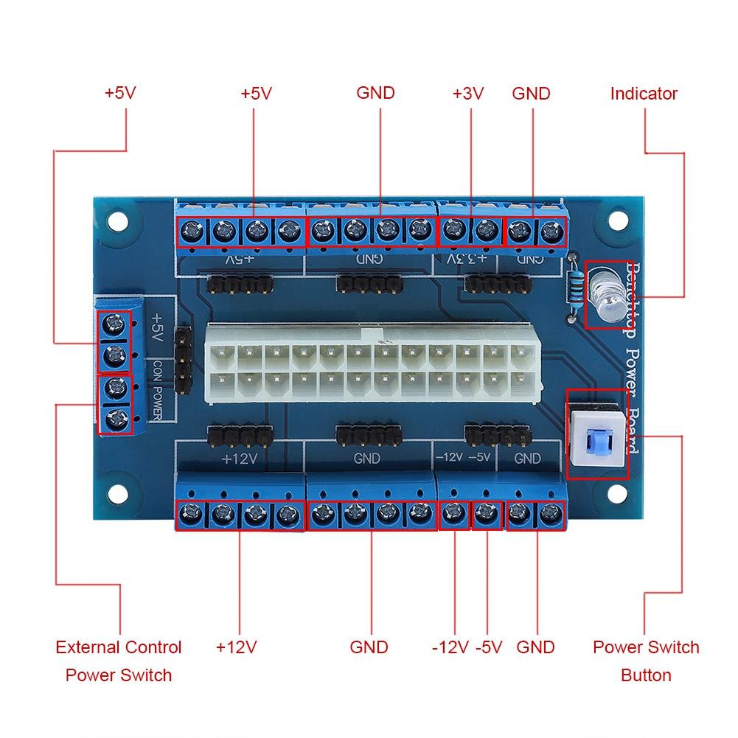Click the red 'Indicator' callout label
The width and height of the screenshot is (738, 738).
pyautogui.click(x=644, y=94)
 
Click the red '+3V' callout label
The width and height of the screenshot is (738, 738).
pyautogui.click(x=467, y=94)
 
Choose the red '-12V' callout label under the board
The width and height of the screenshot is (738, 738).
pyautogui.click(x=450, y=647)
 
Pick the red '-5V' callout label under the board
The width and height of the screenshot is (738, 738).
pyautogui.click(x=489, y=647)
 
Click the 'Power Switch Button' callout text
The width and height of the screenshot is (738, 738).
pyautogui.click(x=646, y=661)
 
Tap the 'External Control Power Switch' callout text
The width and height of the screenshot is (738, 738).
pyautogui.click(x=119, y=661)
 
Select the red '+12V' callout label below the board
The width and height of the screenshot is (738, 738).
pyautogui.click(x=236, y=647)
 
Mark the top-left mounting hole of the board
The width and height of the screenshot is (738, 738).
pyautogui.click(x=116, y=220)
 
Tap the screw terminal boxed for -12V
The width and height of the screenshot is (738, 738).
pyautogui.click(x=454, y=514)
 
